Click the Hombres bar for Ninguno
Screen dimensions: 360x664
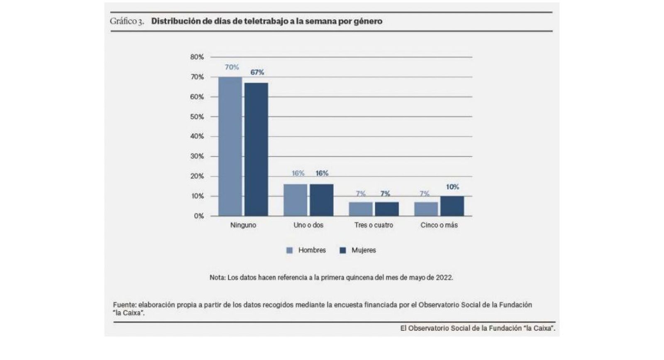[230, 146]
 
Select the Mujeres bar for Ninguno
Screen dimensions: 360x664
[256, 149]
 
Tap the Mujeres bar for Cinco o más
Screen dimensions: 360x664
[452, 206]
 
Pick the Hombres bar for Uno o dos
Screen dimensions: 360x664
[295, 200]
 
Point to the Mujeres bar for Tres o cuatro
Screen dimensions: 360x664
[386, 209]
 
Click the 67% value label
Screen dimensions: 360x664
[257, 72]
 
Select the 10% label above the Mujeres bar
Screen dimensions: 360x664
[452, 187]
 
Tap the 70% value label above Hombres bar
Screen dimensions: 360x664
[232, 67]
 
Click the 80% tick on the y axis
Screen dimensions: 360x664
[197, 57]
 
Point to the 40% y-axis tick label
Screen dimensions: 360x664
[197, 136]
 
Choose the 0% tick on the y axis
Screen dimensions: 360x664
[198, 216]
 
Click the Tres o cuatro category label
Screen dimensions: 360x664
[373, 225]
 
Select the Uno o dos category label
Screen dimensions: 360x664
[308, 225]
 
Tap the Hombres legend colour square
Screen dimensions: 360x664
[290, 251]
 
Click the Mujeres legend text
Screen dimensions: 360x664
[364, 250]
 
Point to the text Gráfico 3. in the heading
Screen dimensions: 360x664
[127, 21]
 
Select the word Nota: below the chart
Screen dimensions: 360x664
[217, 277]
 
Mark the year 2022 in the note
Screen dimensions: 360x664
[444, 277]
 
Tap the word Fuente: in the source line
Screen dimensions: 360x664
[124, 305]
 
